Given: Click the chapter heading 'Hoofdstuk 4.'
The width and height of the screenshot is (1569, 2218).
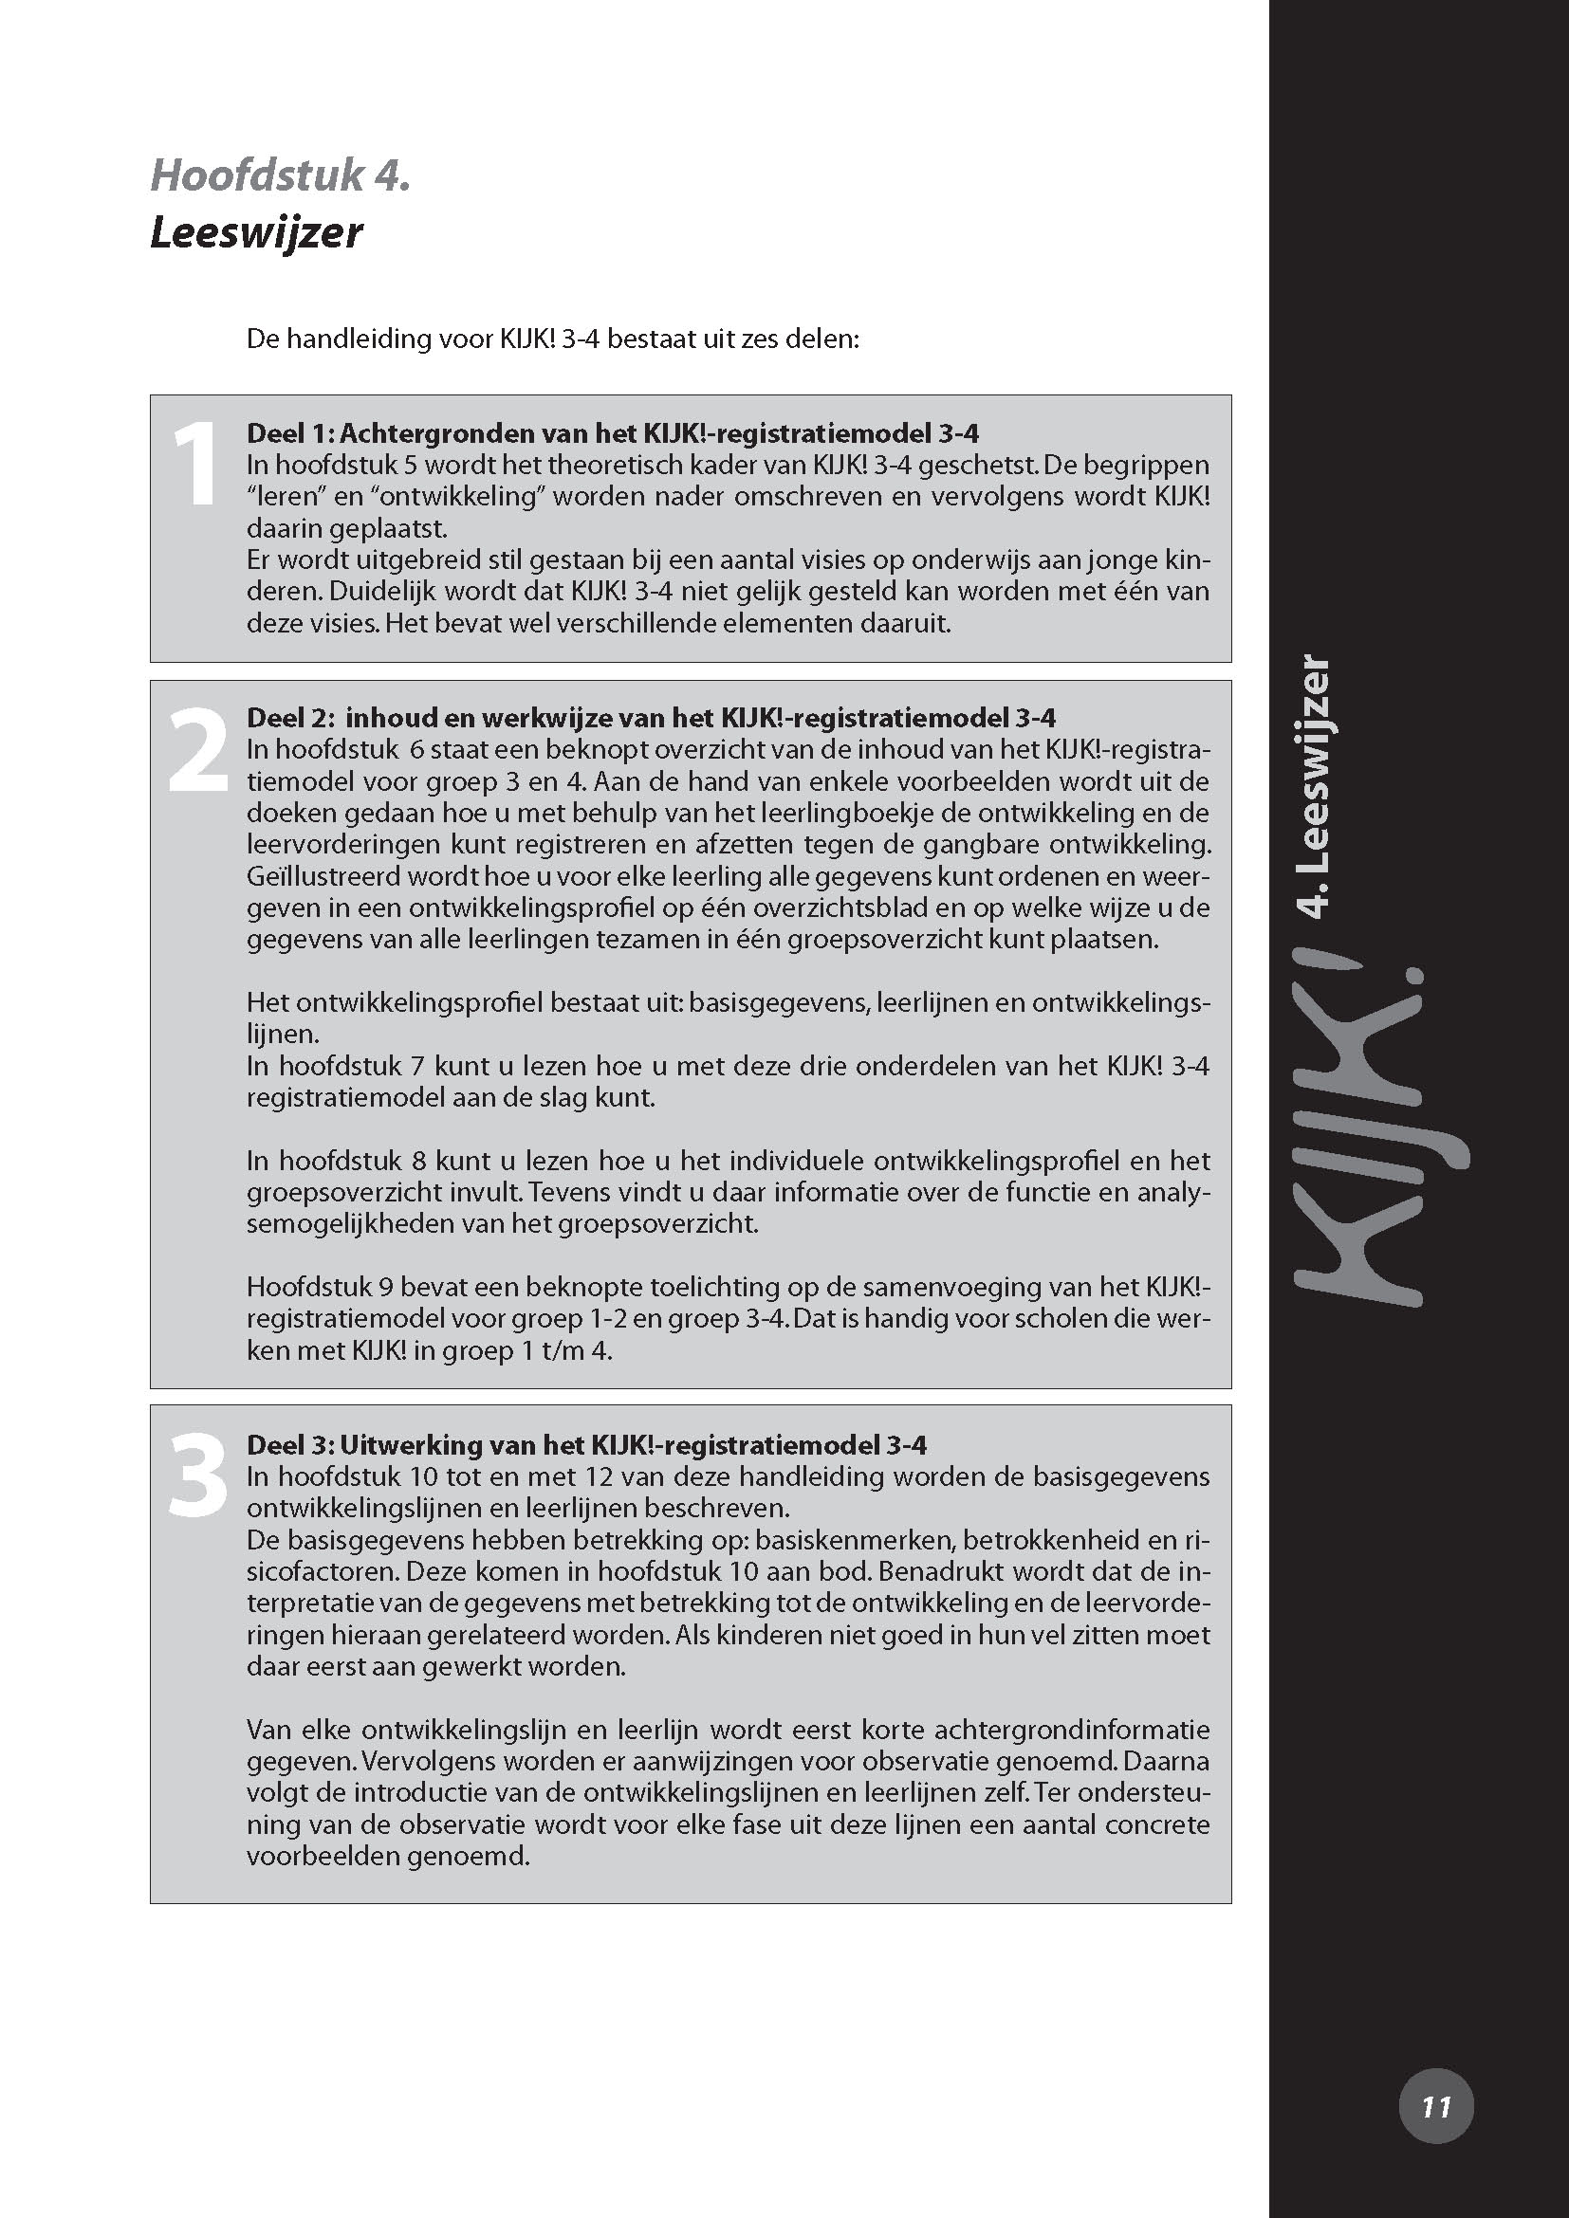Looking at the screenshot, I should point(280,175).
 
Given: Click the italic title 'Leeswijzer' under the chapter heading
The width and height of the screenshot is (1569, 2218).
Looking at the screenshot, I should point(256,233).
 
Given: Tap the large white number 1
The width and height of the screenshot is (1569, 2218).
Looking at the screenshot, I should point(195,466).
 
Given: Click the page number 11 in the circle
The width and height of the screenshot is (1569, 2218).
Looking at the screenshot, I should point(1435,2107).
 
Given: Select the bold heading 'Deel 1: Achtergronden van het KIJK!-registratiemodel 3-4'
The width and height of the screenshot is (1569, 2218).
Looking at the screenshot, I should point(613,432).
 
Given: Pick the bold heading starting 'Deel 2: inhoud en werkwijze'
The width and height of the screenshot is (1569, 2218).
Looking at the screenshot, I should point(651,718).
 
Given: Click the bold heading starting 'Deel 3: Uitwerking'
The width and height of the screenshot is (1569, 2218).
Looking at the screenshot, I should point(586,1444).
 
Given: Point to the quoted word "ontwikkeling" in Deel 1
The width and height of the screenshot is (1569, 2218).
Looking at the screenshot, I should point(452,497).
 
